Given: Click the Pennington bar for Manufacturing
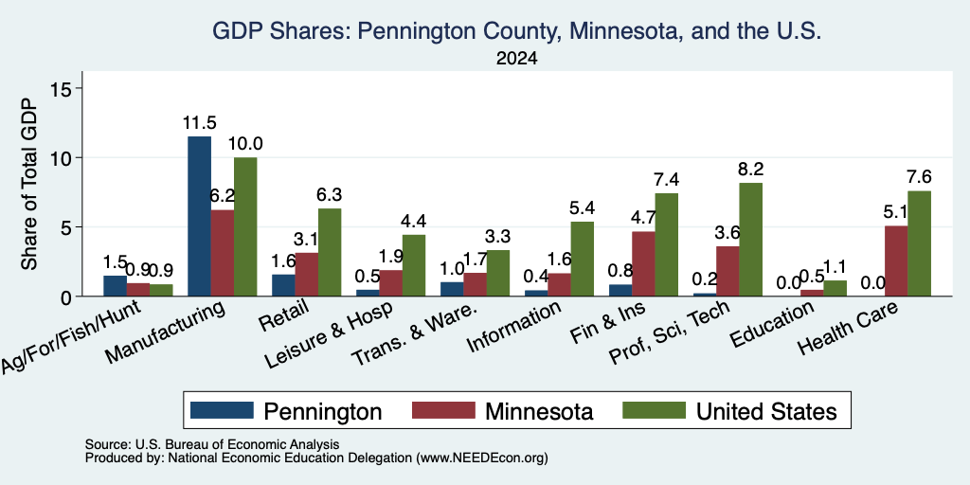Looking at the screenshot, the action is [x=199, y=216].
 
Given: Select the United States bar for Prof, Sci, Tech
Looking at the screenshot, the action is [x=750, y=240].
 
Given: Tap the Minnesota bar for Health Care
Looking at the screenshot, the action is [x=896, y=261].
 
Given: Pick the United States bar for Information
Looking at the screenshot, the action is [x=583, y=259].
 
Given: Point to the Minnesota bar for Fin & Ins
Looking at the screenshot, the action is [x=644, y=263].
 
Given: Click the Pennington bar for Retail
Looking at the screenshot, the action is [x=284, y=285].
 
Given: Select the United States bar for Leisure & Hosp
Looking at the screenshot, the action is [x=414, y=265].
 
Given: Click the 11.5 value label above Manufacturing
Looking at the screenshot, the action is [x=199, y=122].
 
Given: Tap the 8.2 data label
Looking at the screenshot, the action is [x=750, y=169].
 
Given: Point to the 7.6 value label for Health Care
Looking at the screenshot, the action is [x=919, y=177].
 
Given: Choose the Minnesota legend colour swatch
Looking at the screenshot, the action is [x=443, y=410].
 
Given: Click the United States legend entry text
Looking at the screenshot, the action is [x=766, y=411].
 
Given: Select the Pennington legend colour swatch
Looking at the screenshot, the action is [x=222, y=410].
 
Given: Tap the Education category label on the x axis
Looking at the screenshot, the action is [x=771, y=324].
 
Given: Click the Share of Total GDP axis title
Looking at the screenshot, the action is [x=29, y=184].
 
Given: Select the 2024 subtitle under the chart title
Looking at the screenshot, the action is [x=516, y=59].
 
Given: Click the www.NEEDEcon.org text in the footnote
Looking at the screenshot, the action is [x=482, y=458].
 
